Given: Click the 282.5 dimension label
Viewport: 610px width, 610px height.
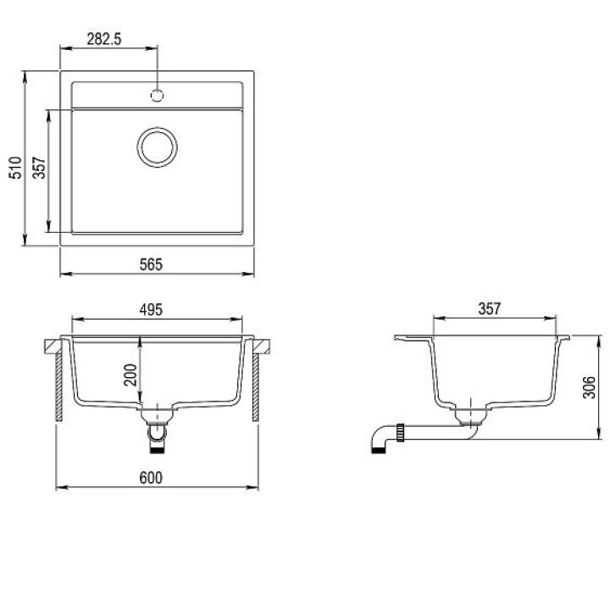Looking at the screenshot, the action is click(x=104, y=39).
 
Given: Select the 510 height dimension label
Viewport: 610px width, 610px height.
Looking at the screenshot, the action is click(x=15, y=168).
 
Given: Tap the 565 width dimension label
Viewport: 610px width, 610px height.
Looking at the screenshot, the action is click(x=151, y=264).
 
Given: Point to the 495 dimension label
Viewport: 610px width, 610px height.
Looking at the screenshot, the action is click(x=151, y=310).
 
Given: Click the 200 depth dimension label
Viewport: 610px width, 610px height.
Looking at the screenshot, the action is click(x=130, y=374).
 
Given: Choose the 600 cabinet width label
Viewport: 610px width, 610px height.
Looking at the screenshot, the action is click(x=151, y=478).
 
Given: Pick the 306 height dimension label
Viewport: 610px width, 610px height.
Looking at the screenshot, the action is click(x=589, y=387).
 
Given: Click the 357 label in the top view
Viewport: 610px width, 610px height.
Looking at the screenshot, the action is click(x=39, y=168).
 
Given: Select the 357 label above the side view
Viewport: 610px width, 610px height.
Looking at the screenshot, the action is click(x=489, y=309).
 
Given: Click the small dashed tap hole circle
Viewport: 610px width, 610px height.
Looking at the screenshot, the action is click(x=157, y=95).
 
